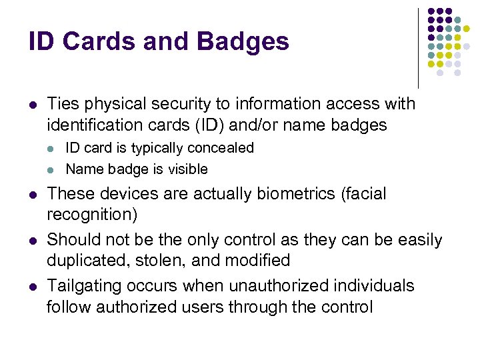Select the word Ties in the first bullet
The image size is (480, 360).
coord(63,104)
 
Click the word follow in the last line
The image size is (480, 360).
coord(69,307)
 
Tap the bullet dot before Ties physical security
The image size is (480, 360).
coord(33,105)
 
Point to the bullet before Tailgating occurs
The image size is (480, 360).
coord(33,287)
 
